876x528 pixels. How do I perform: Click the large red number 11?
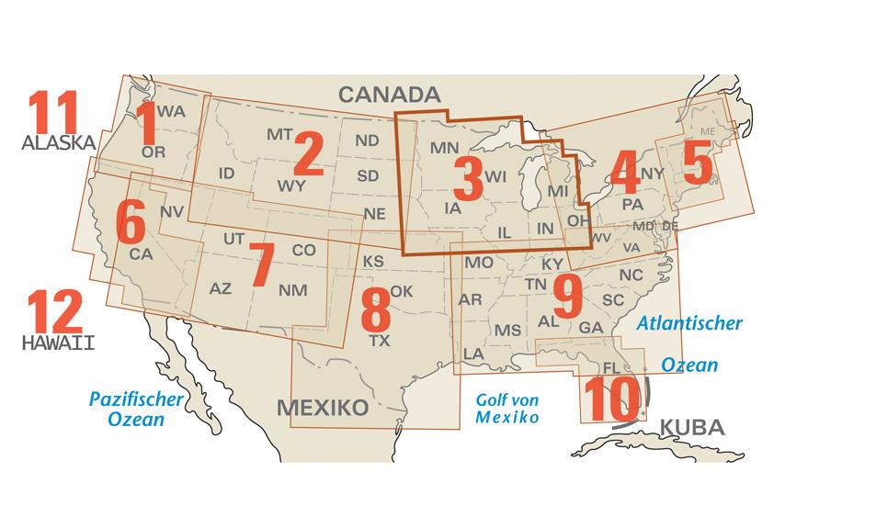[x=52, y=113]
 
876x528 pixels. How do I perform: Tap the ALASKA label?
[x=59, y=143]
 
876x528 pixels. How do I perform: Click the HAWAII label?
[x=59, y=343]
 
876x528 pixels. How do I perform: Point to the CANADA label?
[x=389, y=95]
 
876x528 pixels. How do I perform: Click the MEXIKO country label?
[x=323, y=407]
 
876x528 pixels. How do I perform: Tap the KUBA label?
[x=692, y=427]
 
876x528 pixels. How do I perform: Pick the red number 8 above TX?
[x=375, y=310]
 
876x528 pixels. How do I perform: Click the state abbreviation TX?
[x=380, y=341]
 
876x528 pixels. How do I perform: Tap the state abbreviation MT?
[x=279, y=135]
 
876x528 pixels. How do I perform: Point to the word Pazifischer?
[x=136, y=399]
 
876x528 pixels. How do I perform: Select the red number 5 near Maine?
[x=697, y=166]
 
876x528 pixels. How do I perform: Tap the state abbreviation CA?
[x=141, y=253]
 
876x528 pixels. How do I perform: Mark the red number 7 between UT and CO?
[x=261, y=264]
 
